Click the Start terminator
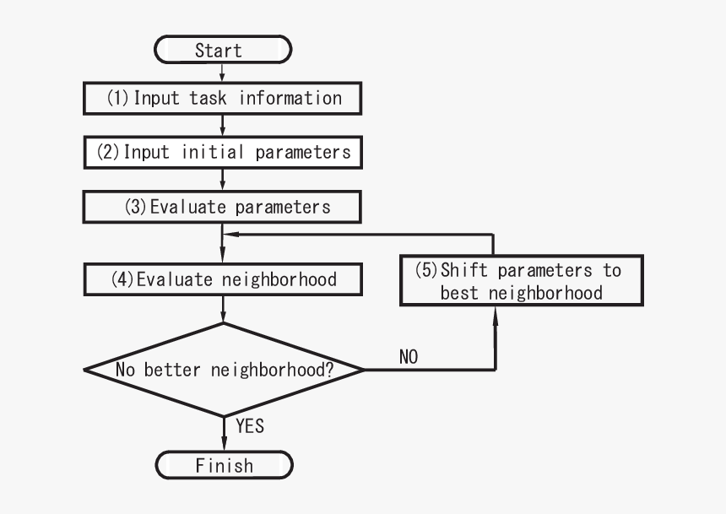223,50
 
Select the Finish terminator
224,465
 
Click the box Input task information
223,98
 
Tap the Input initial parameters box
223,153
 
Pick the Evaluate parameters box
223,207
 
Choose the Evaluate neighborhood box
223,279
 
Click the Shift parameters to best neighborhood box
520,281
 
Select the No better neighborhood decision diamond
224,370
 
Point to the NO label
408,358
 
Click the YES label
250,426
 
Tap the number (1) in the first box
117,98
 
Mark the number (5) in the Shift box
426,270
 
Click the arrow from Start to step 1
223,73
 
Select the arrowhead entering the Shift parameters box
496,312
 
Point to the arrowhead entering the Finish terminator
224,447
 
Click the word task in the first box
208,98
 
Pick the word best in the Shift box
459,293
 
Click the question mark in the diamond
328,370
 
